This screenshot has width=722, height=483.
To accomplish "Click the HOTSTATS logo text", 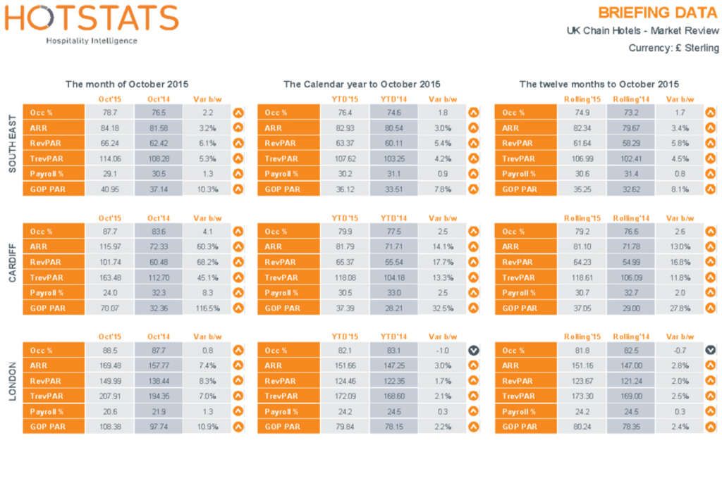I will point(92,18).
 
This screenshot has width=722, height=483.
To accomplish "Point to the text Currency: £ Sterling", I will point(673,48).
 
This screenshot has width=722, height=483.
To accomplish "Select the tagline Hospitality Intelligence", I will point(92,41).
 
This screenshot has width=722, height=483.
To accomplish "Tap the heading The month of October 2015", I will point(127,84).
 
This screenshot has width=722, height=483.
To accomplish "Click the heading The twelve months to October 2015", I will point(599,84).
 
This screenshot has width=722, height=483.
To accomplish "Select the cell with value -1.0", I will point(441,351).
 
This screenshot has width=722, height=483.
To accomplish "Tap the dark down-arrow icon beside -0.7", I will point(710,351).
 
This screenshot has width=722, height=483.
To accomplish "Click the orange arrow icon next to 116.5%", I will point(238,308).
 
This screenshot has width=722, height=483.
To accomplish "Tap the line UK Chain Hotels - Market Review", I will point(642,31).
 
